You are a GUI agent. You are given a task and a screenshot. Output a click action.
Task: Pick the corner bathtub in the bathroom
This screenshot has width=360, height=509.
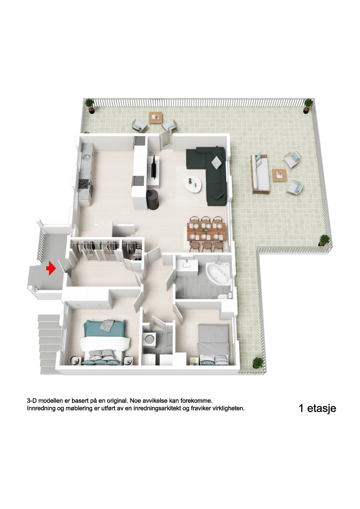point(218,273)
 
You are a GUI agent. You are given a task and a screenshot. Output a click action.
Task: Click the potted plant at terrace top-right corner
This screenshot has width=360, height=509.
point(308,106)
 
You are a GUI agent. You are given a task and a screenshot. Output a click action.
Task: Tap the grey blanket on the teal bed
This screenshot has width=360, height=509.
point(108,325)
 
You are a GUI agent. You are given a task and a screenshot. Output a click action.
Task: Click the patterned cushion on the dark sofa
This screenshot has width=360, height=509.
point(217,163)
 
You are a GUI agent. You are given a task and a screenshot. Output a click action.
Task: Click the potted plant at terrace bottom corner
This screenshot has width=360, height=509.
point(257,363)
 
